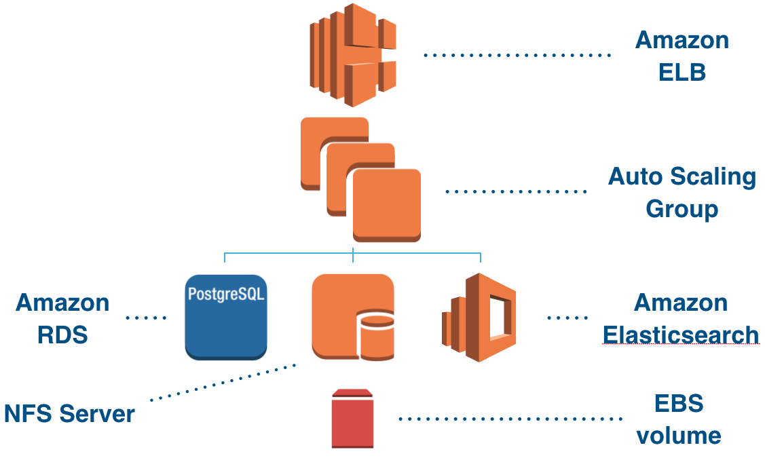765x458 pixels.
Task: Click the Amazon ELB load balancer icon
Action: point(352,54)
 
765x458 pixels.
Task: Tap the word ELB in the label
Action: point(682,71)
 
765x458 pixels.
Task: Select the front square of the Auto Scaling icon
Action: point(386,204)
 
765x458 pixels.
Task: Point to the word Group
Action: point(682,208)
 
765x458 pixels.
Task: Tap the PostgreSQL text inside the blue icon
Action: point(225,295)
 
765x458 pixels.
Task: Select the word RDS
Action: point(62,335)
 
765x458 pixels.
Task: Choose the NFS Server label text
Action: point(69,413)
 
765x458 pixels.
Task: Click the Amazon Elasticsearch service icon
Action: point(479,317)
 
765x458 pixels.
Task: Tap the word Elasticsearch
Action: point(681,335)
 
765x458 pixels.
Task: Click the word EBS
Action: point(679,404)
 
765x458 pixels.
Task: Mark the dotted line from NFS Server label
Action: point(224,382)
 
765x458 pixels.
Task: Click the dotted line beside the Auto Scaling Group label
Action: point(516,192)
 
